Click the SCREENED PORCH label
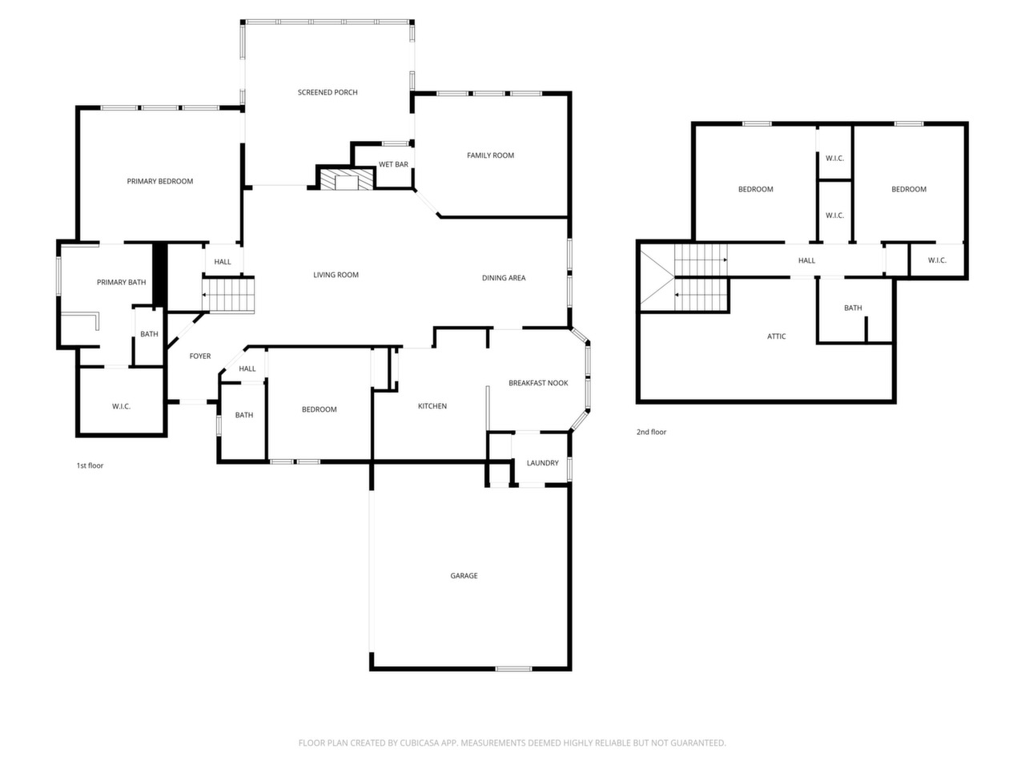pyautogui.click(x=328, y=92)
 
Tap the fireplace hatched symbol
pyautogui.click(x=346, y=179)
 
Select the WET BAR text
pyautogui.click(x=393, y=164)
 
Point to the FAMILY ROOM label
pyautogui.click(x=490, y=155)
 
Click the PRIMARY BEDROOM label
pyautogui.click(x=159, y=181)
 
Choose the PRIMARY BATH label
pyautogui.click(x=121, y=282)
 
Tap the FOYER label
pyautogui.click(x=200, y=356)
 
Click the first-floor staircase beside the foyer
pyautogui.click(x=228, y=295)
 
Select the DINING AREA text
pyautogui.click(x=504, y=278)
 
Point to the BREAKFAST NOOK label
pyautogui.click(x=538, y=383)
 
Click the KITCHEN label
pyautogui.click(x=432, y=406)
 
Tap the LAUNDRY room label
pyautogui.click(x=542, y=463)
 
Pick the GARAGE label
pyautogui.click(x=464, y=576)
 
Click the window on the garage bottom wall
pyautogui.click(x=513, y=669)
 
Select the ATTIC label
pyautogui.click(x=776, y=336)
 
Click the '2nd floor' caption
pyautogui.click(x=651, y=432)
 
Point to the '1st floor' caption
pyautogui.click(x=90, y=465)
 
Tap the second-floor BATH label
pyautogui.click(x=853, y=308)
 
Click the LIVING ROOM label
pyautogui.click(x=336, y=275)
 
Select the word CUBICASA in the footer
pyautogui.click(x=419, y=743)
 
